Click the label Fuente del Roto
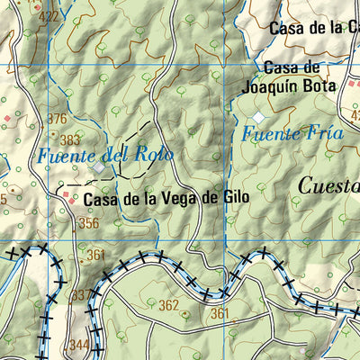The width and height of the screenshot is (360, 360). coord(104,154)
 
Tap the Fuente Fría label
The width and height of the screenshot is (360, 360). coord(292,134)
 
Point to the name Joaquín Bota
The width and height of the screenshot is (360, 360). coord(289,87)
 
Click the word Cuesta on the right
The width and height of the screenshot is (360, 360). coord(328,186)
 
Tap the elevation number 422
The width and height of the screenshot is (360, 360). coord(49,16)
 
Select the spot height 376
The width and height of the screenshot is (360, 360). coord(58,119)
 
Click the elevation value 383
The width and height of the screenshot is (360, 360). coord(70,139)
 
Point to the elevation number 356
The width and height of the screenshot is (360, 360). coord(88,223)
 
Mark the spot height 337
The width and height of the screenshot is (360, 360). coord(80,294)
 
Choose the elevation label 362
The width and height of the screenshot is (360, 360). coord(168,306)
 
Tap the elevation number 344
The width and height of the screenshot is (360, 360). coord(79,345)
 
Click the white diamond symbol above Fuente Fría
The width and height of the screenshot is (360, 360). coord(259,118)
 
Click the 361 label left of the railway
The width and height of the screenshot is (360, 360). coord(96,256)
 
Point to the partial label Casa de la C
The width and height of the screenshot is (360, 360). coord(314,28)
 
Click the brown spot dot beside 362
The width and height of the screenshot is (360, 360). coord(185,314)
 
